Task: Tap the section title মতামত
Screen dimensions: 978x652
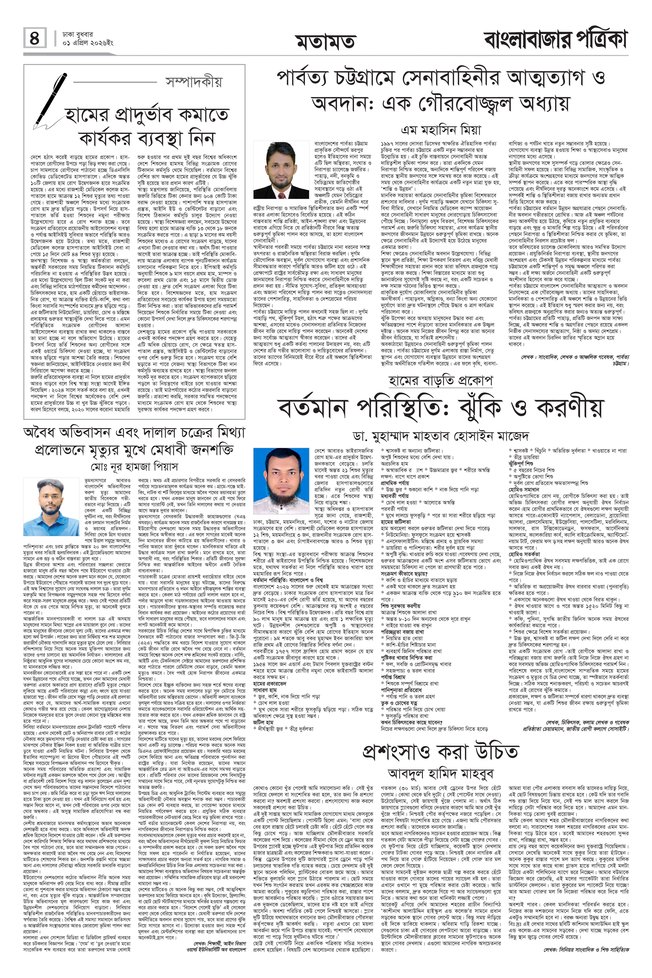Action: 326,42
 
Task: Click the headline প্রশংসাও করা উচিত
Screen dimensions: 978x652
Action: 441,751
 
